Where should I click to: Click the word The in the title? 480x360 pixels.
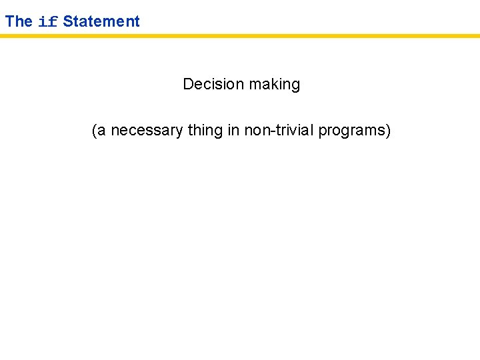point(19,21)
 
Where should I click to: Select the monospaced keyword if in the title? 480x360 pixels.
point(48,21)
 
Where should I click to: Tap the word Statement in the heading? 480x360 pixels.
point(101,21)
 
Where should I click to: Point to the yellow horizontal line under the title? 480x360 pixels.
point(240,35)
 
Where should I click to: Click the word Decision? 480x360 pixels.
point(213,85)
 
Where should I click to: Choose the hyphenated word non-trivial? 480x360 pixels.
point(279,131)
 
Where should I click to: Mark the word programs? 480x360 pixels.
point(351,131)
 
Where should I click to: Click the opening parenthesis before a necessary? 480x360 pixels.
point(94,131)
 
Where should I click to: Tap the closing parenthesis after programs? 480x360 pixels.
point(388,131)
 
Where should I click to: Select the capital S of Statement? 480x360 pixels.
point(67,21)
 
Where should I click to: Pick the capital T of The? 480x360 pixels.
point(9,21)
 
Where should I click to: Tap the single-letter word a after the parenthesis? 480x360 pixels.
point(102,132)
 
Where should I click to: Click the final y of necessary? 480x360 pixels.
point(179,132)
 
